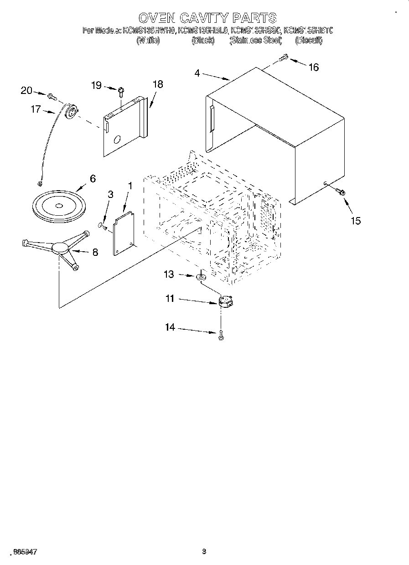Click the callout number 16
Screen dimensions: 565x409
(x=313, y=67)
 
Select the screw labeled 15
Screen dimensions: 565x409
(x=340, y=192)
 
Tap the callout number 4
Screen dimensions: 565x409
(x=197, y=73)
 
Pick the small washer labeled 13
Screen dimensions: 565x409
(x=201, y=276)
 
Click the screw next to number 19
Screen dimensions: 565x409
(x=121, y=91)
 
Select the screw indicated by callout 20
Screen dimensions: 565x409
(x=51, y=96)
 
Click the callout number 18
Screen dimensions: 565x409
(x=158, y=84)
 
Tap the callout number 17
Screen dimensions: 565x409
(x=36, y=109)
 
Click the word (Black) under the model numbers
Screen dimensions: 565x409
(x=203, y=41)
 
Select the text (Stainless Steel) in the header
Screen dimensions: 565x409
(x=256, y=41)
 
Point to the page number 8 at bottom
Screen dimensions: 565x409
(x=204, y=551)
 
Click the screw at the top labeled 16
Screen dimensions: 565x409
(x=283, y=58)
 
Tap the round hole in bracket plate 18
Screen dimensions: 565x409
(x=118, y=139)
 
